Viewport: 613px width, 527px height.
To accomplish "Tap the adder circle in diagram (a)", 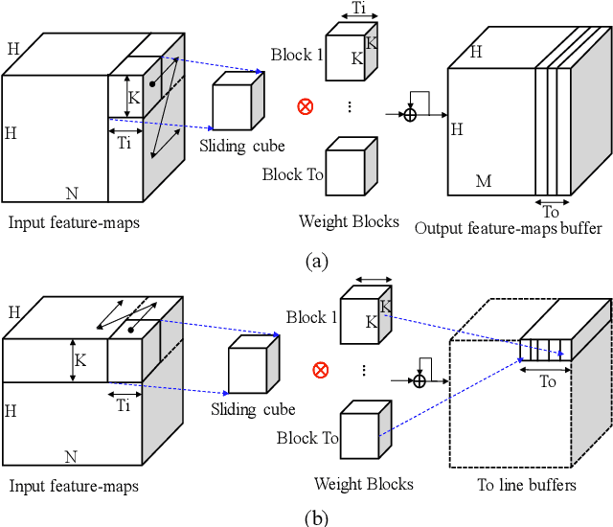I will click(410, 114).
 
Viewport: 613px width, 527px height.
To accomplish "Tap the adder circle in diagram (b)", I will click(419, 380).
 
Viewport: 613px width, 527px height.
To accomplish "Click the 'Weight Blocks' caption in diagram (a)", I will click(349, 221).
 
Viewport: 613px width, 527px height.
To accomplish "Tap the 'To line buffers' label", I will click(527, 485).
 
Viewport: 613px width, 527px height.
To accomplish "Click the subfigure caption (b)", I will click(315, 517).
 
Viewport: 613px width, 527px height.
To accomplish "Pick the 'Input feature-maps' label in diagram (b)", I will click(74, 486).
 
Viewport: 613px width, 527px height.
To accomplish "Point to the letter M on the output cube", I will click(483, 179).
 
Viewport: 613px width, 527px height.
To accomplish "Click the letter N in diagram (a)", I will click(71, 193).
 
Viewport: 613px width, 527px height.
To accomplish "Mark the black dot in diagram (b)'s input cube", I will click(129, 329).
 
